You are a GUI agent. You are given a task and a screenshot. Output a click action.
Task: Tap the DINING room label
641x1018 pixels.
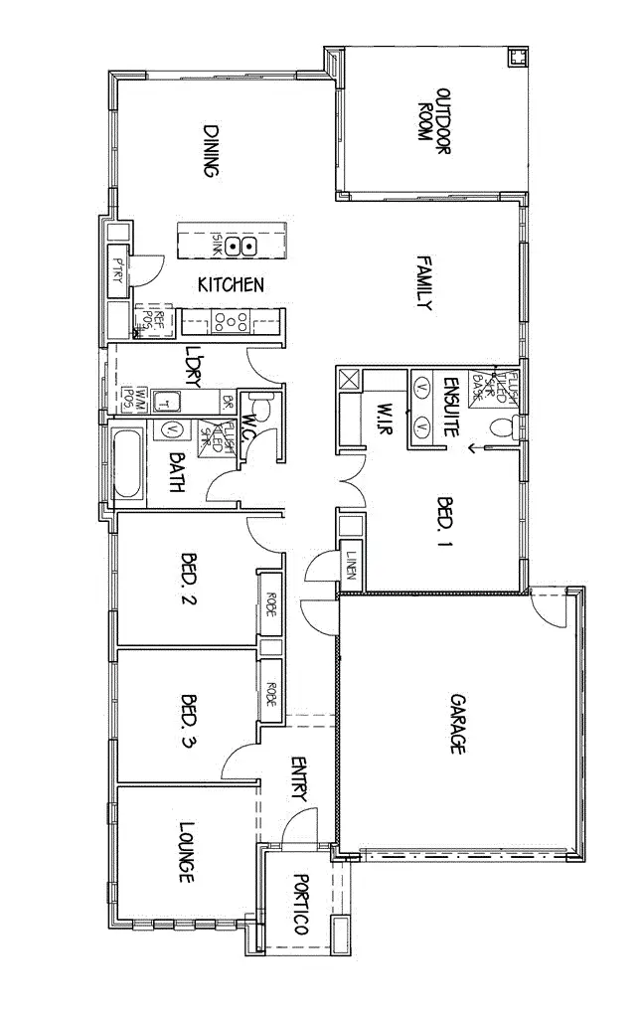211,150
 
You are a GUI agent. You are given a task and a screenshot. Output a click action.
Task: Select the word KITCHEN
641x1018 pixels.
231,285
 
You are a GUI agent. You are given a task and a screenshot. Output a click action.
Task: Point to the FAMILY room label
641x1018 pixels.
424,283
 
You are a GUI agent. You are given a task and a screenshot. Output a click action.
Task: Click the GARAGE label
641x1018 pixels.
457,723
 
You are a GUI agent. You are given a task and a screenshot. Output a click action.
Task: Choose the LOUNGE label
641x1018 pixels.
186,852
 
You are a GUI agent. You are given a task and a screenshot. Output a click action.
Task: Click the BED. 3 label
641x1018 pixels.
189,719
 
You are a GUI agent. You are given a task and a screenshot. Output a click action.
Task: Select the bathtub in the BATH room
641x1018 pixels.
127,463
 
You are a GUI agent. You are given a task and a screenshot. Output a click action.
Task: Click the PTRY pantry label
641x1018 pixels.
117,269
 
